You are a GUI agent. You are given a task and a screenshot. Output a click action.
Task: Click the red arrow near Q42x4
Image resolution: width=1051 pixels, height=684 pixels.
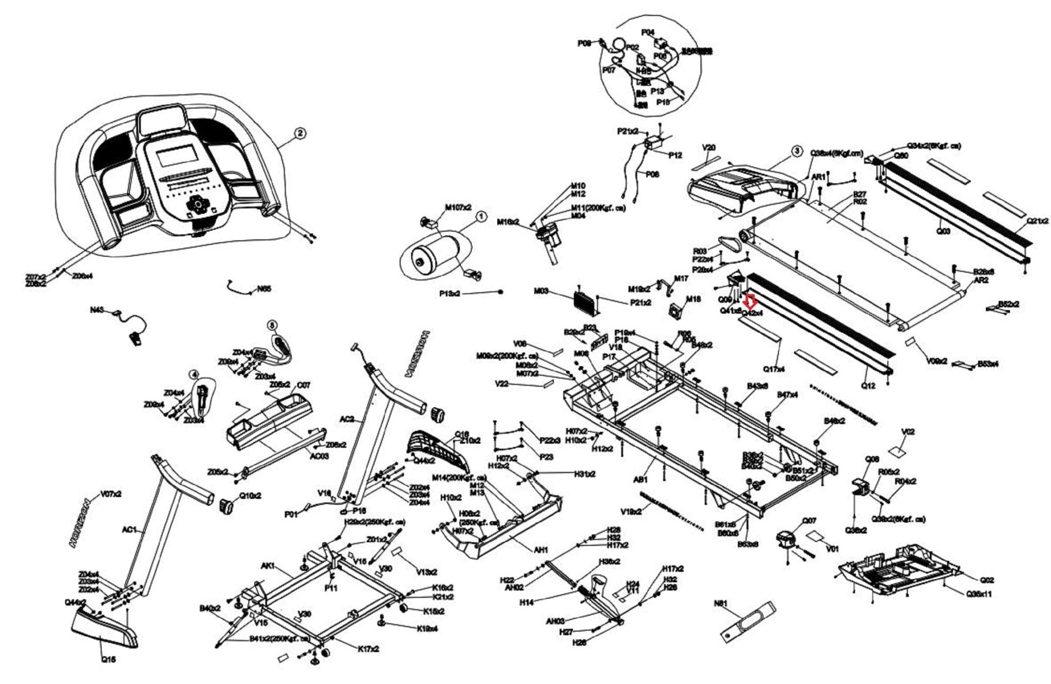point(750,301)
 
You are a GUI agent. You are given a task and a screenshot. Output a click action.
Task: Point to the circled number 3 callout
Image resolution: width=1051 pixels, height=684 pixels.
point(796,151)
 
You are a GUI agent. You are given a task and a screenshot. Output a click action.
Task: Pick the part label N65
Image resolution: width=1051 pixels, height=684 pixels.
point(264,289)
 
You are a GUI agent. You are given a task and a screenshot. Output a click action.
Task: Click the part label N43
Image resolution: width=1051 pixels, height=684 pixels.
point(98,310)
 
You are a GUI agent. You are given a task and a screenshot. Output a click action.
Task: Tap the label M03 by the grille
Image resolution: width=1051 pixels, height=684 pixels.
point(541,291)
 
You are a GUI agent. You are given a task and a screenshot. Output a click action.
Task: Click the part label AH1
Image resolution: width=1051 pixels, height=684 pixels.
point(541,550)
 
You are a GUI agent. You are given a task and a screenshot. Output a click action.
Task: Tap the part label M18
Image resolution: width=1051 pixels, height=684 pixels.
point(693,299)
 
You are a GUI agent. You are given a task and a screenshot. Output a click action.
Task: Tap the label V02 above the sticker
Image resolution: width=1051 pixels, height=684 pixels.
point(908,432)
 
